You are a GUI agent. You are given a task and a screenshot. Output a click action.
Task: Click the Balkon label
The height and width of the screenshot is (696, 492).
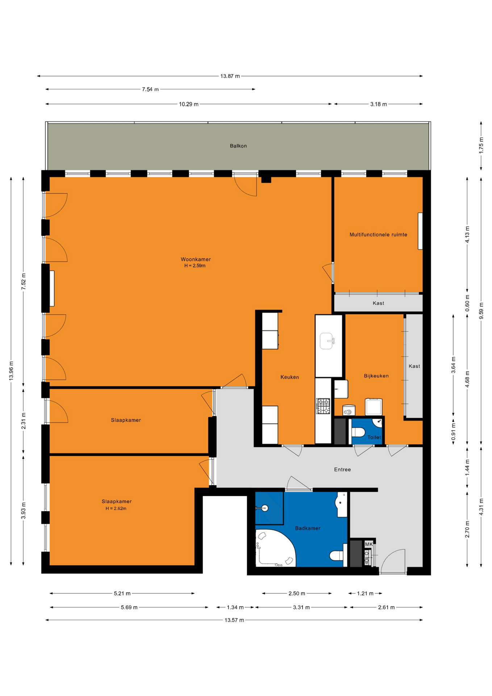click(x=238, y=146)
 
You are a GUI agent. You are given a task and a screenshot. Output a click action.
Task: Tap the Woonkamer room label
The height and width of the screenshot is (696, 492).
click(x=196, y=259)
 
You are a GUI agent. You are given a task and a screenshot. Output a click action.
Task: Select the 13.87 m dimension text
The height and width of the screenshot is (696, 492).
click(x=230, y=76)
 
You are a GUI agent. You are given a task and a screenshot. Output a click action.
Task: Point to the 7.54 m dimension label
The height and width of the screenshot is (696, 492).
click(x=150, y=89)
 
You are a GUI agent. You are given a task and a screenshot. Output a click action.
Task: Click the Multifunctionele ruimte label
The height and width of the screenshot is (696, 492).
click(x=378, y=235)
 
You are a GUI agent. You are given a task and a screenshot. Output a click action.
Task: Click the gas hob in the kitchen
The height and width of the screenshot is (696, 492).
click(x=323, y=406)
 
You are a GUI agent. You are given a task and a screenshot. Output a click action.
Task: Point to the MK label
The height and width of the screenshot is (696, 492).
click(x=369, y=544)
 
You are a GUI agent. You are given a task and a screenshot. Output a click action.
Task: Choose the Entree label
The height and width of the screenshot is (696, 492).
click(x=342, y=469)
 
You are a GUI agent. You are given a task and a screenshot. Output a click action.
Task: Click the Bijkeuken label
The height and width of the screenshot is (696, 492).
click(x=376, y=376)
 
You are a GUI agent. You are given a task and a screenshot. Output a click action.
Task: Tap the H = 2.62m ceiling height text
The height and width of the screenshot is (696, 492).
click(x=116, y=508)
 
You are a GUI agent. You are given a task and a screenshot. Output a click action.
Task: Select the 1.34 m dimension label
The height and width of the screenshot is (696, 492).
click(x=235, y=607)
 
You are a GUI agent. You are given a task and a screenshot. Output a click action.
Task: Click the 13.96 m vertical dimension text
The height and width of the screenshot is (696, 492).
click(x=11, y=370)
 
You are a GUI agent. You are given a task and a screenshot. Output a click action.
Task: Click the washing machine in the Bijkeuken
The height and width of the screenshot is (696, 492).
click(x=374, y=407)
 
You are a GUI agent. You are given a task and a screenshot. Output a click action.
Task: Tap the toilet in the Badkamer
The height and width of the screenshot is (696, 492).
click(x=336, y=555)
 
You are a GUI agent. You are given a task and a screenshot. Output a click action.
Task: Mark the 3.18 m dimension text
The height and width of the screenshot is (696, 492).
click(x=379, y=104)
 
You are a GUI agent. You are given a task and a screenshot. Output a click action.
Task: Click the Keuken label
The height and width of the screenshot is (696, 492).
click(x=290, y=377)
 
